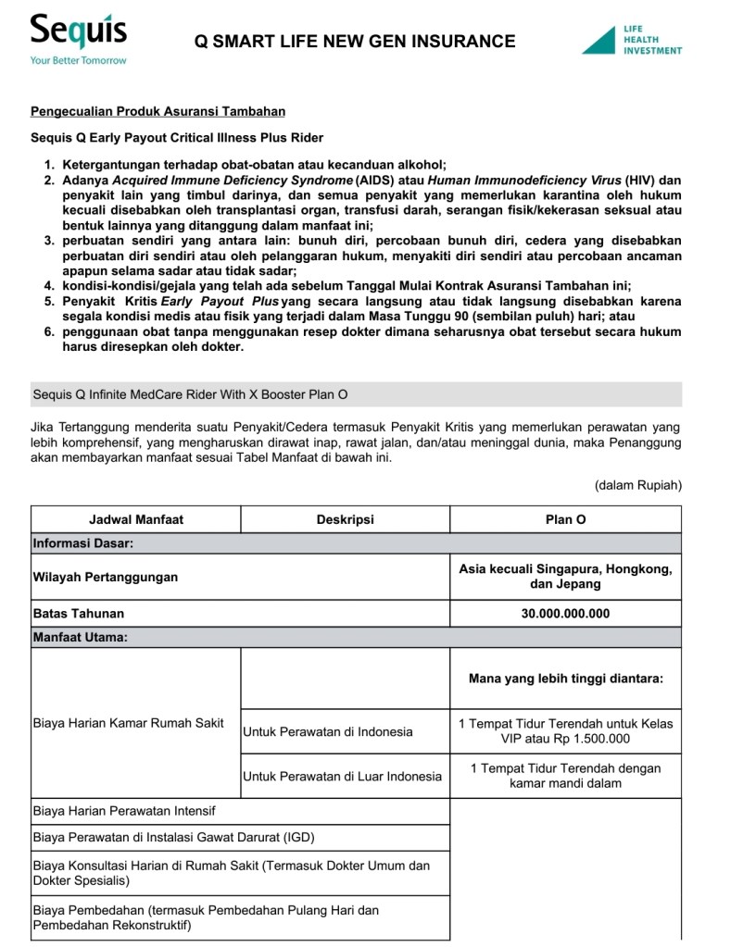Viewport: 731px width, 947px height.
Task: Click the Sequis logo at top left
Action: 78,33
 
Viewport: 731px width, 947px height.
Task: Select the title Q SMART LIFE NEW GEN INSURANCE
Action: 355,41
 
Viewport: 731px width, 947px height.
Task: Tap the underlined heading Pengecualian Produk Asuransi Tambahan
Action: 158,112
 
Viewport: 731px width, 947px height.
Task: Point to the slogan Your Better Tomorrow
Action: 78,60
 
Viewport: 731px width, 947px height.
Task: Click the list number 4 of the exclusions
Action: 49,286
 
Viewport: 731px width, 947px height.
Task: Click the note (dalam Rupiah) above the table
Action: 637,484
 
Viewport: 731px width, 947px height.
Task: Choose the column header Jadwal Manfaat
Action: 135,519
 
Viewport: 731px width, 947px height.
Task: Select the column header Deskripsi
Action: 345,519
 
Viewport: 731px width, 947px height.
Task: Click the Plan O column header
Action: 565,519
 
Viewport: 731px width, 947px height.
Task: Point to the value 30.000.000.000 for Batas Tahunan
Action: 565,614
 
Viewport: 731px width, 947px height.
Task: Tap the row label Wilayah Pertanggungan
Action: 106,577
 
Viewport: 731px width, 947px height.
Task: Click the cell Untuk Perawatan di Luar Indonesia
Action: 342,777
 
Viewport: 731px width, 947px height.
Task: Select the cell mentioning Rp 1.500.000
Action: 565,731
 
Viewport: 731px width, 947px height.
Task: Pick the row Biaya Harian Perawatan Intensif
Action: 124,811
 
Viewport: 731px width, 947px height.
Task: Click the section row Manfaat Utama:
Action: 80,638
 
